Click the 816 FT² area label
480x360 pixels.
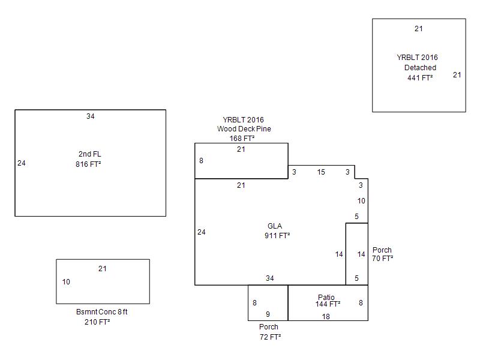[88, 164]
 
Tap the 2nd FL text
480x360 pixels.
[89, 154]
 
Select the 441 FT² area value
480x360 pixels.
[420, 77]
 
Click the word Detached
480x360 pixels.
[420, 68]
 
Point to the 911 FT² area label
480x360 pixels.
[277, 236]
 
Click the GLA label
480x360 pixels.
[275, 226]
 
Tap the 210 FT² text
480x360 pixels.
[97, 322]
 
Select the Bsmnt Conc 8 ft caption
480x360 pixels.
[102, 312]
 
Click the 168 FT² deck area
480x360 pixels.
[242, 139]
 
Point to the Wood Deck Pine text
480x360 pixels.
[244, 129]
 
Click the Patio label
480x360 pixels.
[326, 297]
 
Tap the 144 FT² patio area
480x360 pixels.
[328, 304]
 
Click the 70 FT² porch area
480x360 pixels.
[382, 259]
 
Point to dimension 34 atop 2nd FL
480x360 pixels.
[90, 116]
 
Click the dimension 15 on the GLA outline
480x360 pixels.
[321, 172]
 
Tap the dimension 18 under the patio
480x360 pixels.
[326, 317]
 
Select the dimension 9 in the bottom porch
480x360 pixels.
[268, 314]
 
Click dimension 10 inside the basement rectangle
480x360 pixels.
[66, 282]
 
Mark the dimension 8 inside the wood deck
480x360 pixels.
[202, 161]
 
